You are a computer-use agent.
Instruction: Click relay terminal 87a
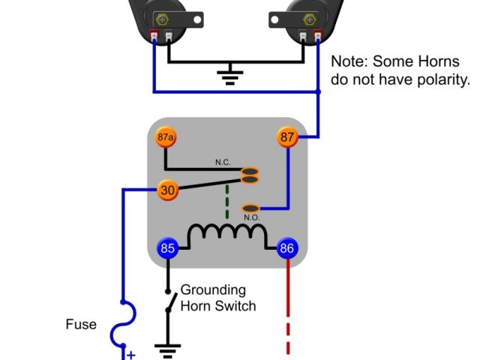pyautogui.click(x=166, y=138)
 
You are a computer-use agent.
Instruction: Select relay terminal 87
pyautogui.click(x=288, y=137)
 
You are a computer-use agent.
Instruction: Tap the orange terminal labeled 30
pyautogui.click(x=167, y=190)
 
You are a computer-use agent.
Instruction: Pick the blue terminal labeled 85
pyautogui.click(x=166, y=248)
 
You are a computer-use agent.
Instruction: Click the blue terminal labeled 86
pyautogui.click(x=287, y=248)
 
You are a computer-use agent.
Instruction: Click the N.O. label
pyautogui.click(x=251, y=218)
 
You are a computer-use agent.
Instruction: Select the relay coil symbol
pyautogui.click(x=226, y=234)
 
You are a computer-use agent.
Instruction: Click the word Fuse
pyautogui.click(x=80, y=325)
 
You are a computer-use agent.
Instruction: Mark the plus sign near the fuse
pyautogui.click(x=130, y=355)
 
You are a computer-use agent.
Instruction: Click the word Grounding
pyautogui.click(x=213, y=289)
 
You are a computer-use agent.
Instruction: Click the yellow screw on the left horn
pyautogui.click(x=160, y=17)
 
